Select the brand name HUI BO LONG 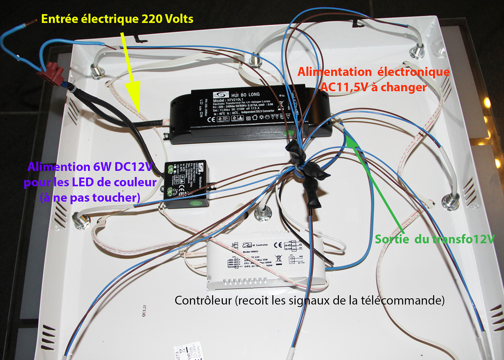click(x=245, y=94)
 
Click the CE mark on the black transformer click(x=211, y=119)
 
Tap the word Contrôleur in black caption click(x=203, y=300)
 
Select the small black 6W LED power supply click(x=186, y=184)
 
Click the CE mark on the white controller click(x=278, y=245)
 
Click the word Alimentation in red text click(x=335, y=72)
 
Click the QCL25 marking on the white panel click(x=144, y=311)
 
